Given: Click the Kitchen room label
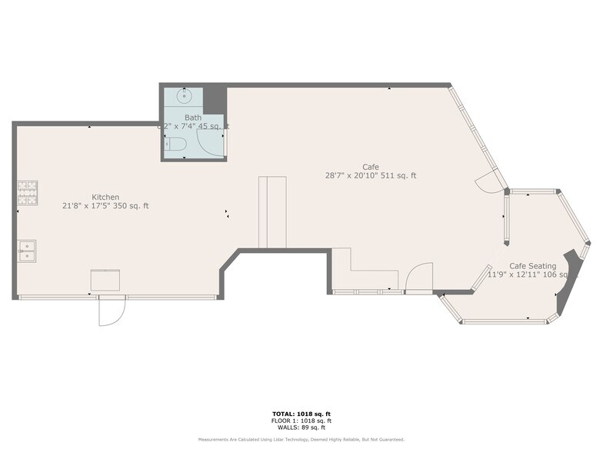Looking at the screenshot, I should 105,197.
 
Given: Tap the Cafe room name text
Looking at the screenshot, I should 371,167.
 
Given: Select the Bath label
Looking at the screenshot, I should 192,118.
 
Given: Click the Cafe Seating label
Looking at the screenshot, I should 532,266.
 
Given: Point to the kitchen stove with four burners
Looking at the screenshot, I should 28,193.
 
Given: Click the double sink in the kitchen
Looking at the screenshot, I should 27,249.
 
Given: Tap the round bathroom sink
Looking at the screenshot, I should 183,96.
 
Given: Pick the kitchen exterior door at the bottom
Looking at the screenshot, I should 111,311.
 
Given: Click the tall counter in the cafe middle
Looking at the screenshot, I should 272,211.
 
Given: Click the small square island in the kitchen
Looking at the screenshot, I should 105,280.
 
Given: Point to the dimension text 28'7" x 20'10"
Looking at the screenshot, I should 371,176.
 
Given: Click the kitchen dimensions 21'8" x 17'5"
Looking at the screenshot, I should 105,206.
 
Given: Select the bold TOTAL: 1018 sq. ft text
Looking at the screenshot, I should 301,414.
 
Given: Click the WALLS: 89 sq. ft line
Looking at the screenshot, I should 301,427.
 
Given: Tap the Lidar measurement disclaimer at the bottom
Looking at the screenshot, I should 301,440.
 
